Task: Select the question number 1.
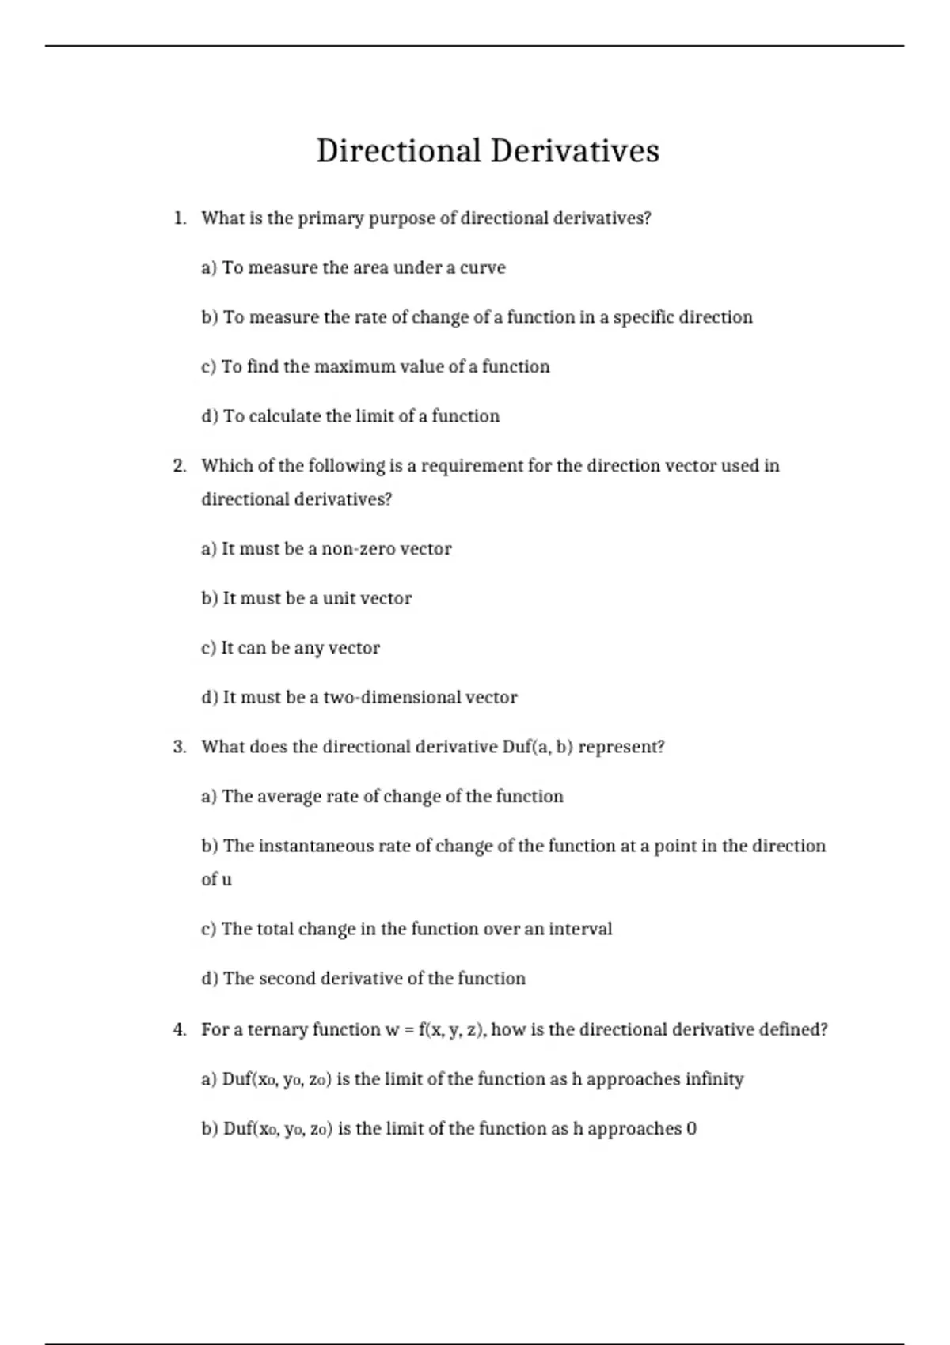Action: click(x=179, y=218)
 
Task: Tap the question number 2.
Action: click(x=179, y=466)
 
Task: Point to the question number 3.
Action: click(x=179, y=747)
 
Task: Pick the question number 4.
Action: click(x=179, y=1029)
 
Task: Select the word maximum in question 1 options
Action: click(x=354, y=367)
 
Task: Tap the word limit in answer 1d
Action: click(x=375, y=416)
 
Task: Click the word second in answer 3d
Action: click(x=287, y=979)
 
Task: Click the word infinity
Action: click(x=714, y=1079)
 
